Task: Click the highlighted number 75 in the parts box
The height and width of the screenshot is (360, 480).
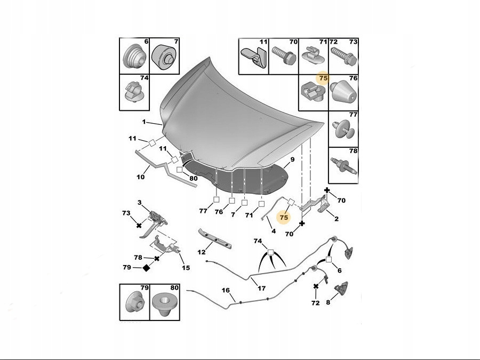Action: pyautogui.click(x=323, y=78)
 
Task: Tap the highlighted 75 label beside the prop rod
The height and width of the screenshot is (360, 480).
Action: pyautogui.click(x=284, y=218)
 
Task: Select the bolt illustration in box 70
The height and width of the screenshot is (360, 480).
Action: pyautogui.click(x=284, y=55)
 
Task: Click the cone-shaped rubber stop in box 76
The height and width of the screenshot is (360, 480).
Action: pyautogui.click(x=342, y=93)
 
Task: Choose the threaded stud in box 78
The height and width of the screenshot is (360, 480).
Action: pyautogui.click(x=343, y=166)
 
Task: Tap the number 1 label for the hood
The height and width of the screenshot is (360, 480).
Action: pyautogui.click(x=143, y=122)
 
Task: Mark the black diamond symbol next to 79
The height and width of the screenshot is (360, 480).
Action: pyautogui.click(x=146, y=268)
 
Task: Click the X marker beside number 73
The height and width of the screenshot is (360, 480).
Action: pyautogui.click(x=139, y=225)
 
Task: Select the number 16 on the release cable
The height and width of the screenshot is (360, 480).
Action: pyautogui.click(x=226, y=290)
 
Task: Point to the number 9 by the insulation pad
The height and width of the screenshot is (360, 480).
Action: pyautogui.click(x=292, y=159)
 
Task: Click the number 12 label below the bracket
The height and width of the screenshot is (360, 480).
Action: pyautogui.click(x=202, y=252)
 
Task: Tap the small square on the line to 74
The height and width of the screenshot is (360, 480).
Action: pyautogui.click(x=270, y=252)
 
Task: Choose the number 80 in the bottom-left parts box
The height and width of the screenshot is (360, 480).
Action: pyautogui.click(x=174, y=288)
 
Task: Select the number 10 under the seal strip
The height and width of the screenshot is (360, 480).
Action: pyautogui.click(x=140, y=177)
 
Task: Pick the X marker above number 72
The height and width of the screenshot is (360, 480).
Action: pyautogui.click(x=316, y=286)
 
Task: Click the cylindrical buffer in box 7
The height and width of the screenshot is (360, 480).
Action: pyautogui.click(x=164, y=57)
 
